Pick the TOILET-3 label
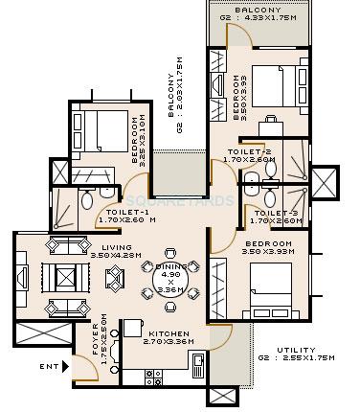(283, 212)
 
